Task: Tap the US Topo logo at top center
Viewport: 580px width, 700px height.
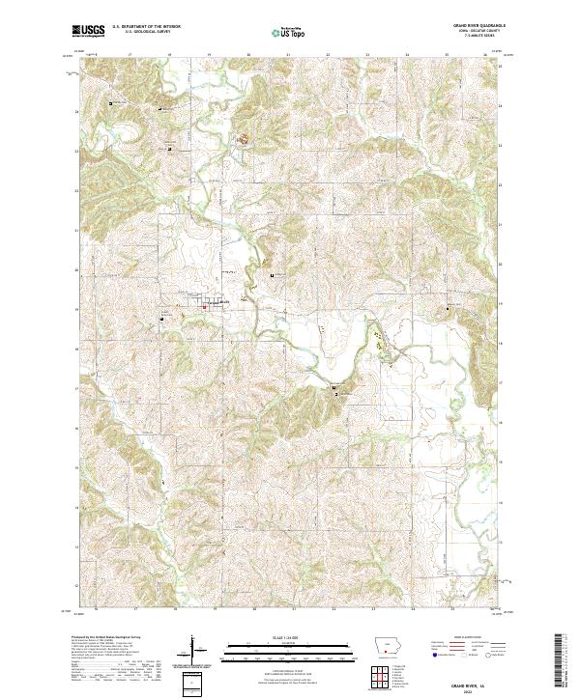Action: (x=290, y=32)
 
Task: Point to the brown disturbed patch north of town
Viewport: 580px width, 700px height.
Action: (x=244, y=142)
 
